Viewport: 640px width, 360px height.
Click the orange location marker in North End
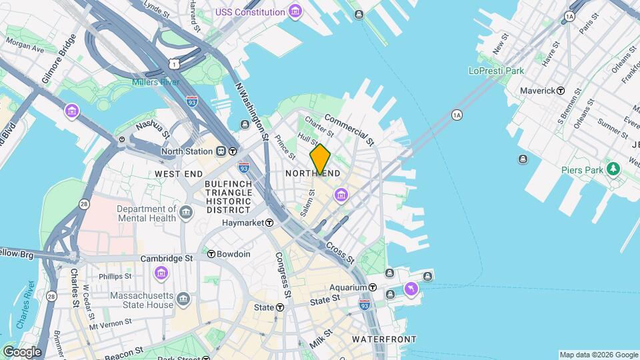pos(320,159)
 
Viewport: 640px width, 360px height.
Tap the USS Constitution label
pos(250,12)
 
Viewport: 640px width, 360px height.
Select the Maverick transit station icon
pos(561,90)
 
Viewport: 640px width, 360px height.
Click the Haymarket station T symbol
pos(270,223)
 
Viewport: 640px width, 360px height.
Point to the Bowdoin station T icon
pos(211,254)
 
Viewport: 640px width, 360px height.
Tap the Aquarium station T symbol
pos(373,287)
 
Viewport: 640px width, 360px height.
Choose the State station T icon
pos(280,307)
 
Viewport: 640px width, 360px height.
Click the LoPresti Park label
pos(496,71)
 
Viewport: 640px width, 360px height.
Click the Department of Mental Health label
pos(146,213)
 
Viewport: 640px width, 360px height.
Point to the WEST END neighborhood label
pos(179,174)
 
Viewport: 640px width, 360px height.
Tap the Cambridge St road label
pos(166,258)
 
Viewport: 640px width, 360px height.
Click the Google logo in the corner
pos(21,351)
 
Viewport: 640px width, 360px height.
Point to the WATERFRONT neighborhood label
pos(384,339)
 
